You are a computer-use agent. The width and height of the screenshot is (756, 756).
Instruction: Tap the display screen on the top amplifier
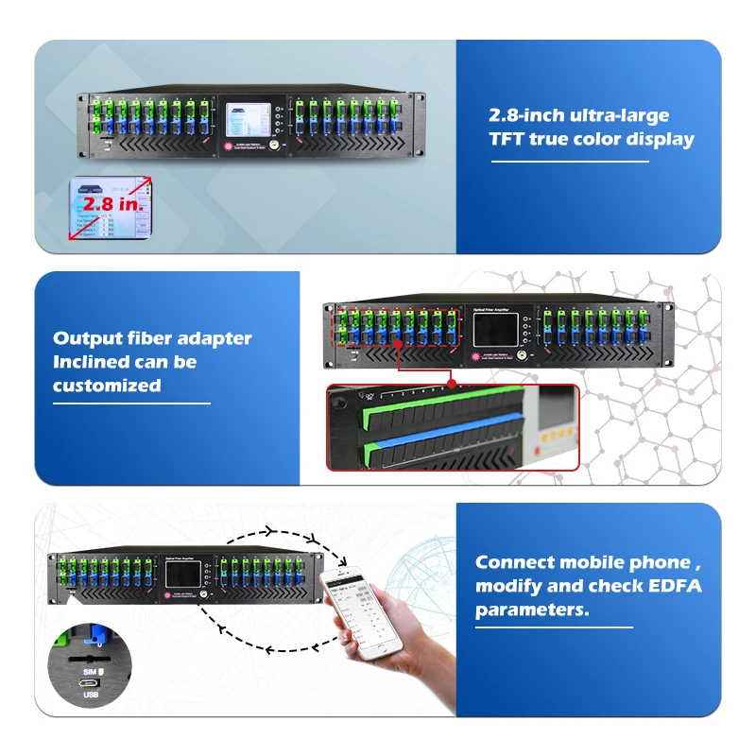click(248, 119)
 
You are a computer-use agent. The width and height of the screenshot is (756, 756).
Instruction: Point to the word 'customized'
click(107, 386)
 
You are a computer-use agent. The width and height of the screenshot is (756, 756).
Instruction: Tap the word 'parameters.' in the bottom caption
click(531, 610)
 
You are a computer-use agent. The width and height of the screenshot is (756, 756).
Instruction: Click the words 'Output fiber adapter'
click(152, 338)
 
